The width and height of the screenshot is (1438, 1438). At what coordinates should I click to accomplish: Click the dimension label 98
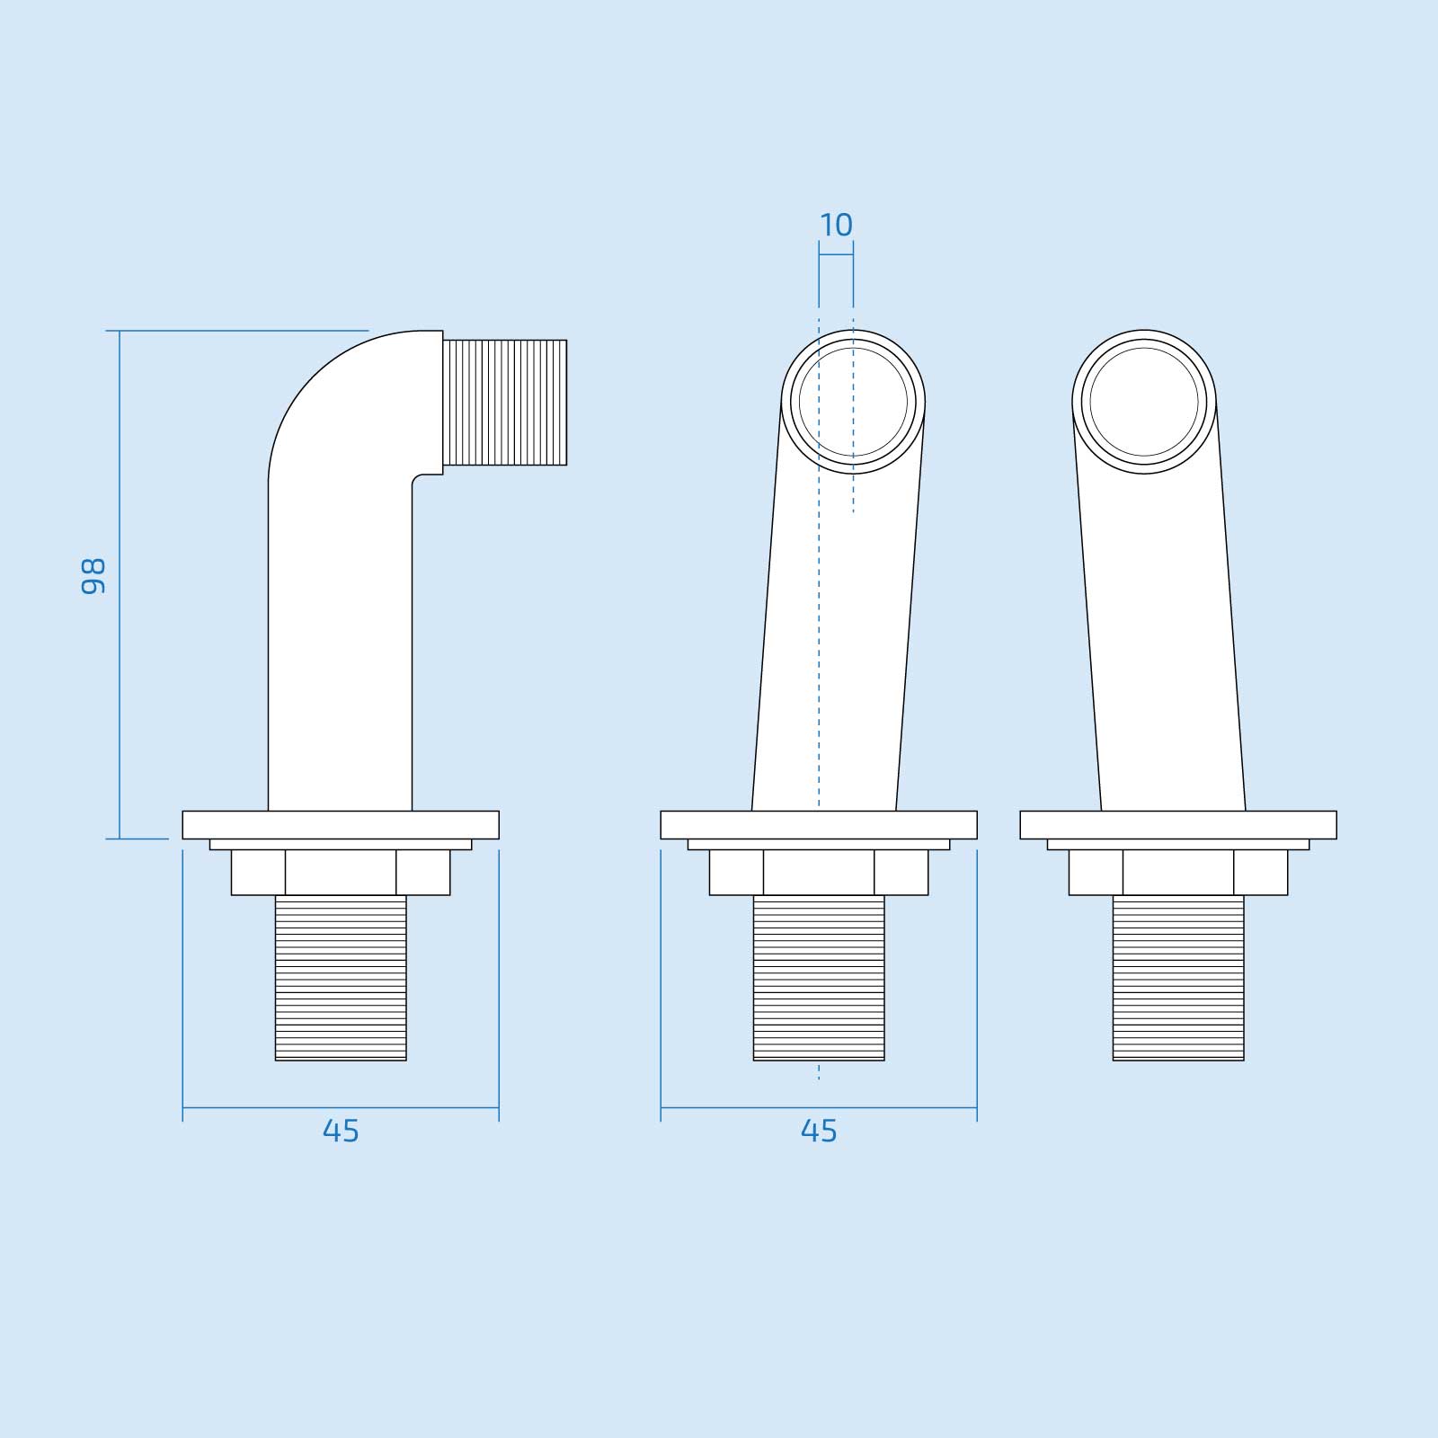pos(93,576)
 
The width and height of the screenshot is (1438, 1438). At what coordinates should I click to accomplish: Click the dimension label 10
pos(836,225)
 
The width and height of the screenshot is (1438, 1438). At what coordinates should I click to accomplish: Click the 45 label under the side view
pos(341,1131)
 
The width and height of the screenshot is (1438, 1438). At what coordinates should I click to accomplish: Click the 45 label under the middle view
pos(819,1131)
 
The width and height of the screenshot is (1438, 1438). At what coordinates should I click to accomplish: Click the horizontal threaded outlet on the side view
pos(506,402)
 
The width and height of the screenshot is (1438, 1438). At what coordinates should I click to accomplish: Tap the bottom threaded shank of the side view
pos(341,978)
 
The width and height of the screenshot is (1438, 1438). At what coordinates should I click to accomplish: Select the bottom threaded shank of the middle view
pos(819,978)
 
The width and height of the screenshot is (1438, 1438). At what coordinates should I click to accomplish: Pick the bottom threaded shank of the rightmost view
pos(1178,978)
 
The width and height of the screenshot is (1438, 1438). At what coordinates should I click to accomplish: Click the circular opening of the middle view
pos(853,401)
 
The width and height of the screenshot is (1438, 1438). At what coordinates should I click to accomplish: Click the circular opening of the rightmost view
pos(1144,401)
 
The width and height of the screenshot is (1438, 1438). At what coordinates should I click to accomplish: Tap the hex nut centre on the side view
pos(341,872)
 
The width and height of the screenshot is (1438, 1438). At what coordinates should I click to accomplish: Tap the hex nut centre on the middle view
pos(819,872)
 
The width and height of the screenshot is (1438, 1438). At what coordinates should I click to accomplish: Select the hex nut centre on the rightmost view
pos(1178,872)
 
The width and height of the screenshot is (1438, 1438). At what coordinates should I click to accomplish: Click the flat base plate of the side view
pos(341,825)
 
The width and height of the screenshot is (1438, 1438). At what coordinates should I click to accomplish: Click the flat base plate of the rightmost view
pos(1178,825)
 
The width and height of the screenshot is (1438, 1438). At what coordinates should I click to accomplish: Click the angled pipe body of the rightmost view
pos(1159,629)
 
